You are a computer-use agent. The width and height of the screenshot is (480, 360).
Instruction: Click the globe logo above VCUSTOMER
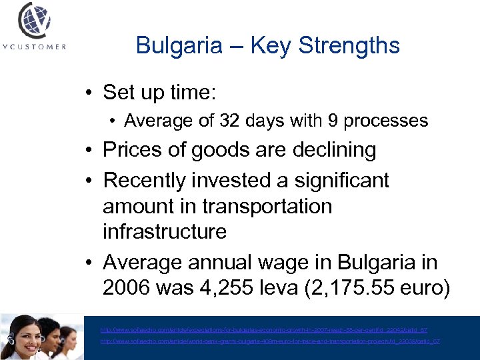click(x=33, y=19)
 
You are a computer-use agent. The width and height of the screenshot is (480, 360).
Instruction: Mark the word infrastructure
click(x=165, y=231)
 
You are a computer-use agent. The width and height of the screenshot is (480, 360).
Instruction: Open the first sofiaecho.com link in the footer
click(x=263, y=330)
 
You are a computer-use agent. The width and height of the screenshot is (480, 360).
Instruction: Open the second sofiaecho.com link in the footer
click(x=269, y=341)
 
